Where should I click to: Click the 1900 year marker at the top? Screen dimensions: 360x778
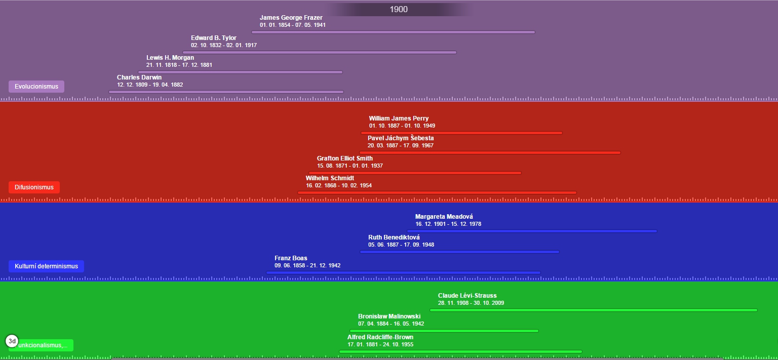click(399, 9)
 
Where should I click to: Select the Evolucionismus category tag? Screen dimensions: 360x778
click(36, 87)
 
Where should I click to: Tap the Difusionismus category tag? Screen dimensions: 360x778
click(34, 187)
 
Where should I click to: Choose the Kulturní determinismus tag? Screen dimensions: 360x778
click(46, 266)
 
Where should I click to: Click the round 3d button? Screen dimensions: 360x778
click(12, 341)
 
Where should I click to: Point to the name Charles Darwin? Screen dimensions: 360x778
click(139, 77)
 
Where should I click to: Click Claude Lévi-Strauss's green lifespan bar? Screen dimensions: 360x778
click(593, 310)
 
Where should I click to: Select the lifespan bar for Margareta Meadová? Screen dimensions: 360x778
click(532, 231)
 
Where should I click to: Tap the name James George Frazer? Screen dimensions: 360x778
click(291, 18)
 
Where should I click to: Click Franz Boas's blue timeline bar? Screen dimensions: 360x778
click(403, 272)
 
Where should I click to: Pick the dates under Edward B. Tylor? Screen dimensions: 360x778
click(224, 45)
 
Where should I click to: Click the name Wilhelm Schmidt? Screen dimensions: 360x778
click(330, 178)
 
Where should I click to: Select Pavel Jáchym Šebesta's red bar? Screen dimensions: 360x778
click(490, 152)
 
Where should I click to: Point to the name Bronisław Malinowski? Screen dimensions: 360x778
click(389, 316)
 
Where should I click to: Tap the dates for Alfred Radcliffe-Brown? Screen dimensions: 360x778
click(380, 344)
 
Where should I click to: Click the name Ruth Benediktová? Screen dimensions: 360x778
click(394, 237)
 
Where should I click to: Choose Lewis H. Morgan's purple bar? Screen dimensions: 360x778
click(240, 72)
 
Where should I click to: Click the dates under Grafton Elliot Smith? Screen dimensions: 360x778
click(350, 166)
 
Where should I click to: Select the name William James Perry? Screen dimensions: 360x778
click(399, 118)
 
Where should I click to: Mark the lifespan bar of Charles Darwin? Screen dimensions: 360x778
click(226, 92)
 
